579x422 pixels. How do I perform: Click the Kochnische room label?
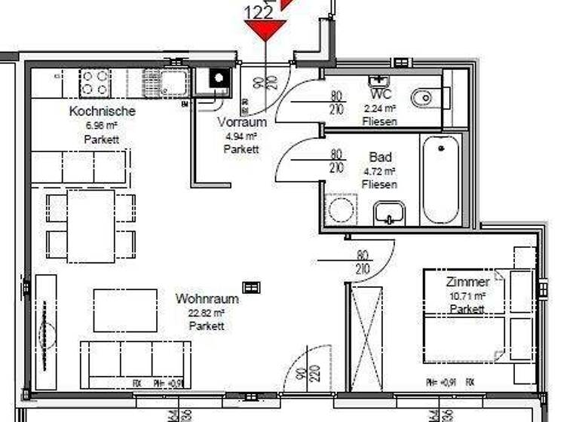[102, 112]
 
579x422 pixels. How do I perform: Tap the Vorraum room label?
[242, 122]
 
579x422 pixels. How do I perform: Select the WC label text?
[381, 95]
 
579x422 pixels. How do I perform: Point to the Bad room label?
[380, 157]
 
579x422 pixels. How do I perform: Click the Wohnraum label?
[207, 298]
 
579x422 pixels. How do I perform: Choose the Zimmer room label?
[467, 282]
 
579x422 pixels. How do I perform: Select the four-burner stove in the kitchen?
[95, 81]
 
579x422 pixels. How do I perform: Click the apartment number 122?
[259, 11]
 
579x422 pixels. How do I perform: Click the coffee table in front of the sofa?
[125, 310]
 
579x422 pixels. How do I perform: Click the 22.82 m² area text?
[207, 313]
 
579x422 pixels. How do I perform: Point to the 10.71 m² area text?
[467, 296]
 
